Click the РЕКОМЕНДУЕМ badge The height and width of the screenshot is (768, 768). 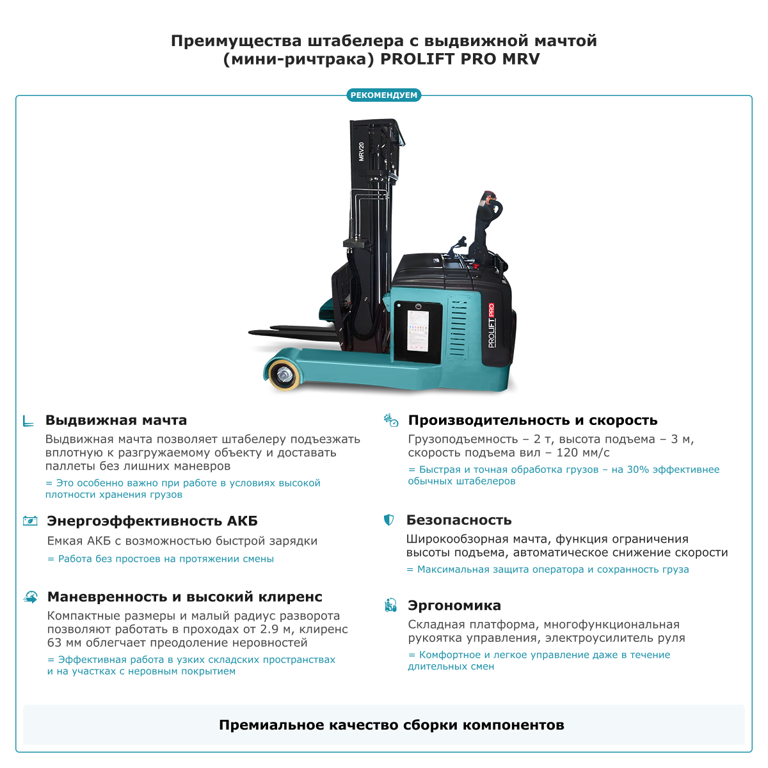[x=384, y=95]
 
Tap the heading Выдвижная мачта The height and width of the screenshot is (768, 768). [x=116, y=420]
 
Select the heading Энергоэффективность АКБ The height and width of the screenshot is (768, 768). [x=152, y=521]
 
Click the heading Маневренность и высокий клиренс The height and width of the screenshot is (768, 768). [x=184, y=597]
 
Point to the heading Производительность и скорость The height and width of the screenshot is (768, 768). [x=532, y=420]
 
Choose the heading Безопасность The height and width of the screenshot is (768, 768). [x=459, y=520]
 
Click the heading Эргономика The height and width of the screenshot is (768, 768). [x=454, y=605]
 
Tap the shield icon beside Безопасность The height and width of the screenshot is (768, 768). [x=388, y=520]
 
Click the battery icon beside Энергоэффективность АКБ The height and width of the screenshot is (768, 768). [x=30, y=521]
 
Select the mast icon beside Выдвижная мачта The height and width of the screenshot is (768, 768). [x=28, y=420]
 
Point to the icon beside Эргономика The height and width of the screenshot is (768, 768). [x=390, y=605]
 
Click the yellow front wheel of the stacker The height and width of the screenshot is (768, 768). [x=282, y=374]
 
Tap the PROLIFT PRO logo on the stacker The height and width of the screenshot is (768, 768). [x=492, y=325]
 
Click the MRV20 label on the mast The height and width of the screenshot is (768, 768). [x=362, y=151]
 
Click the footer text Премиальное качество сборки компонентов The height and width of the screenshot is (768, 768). [x=391, y=725]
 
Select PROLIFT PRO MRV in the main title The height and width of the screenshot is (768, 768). [x=460, y=60]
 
